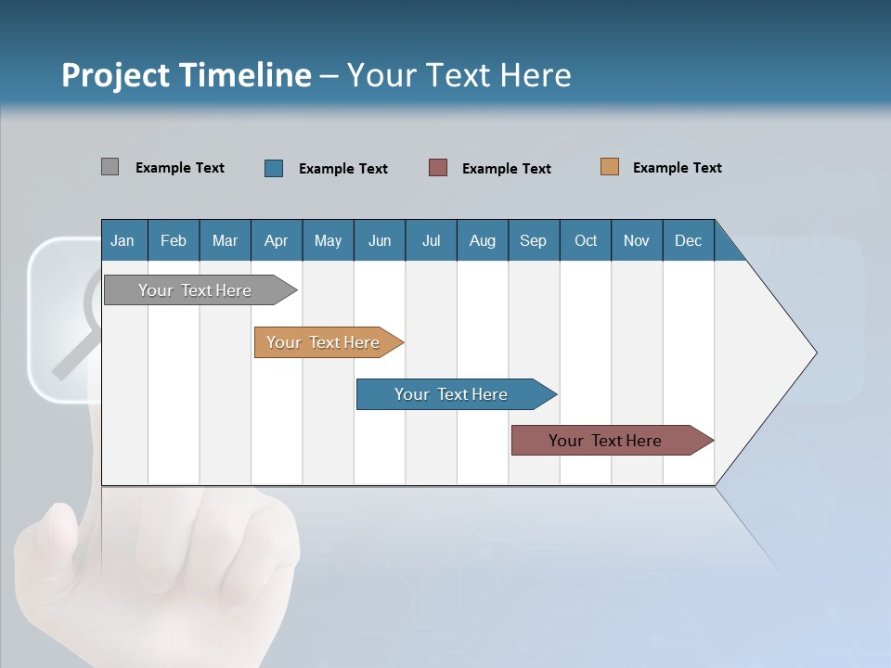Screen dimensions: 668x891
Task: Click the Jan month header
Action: [x=123, y=240]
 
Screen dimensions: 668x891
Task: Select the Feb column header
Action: [x=174, y=240]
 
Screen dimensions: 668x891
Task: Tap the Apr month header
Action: [x=276, y=240]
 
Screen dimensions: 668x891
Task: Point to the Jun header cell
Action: [x=380, y=240]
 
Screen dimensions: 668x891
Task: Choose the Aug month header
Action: [x=482, y=240]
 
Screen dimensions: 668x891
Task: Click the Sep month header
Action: [x=533, y=240]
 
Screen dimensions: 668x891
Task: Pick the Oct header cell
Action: [x=586, y=240]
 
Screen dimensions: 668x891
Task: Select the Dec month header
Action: [x=688, y=240]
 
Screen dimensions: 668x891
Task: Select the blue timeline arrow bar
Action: [x=452, y=394]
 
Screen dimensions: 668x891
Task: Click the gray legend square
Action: [x=110, y=167]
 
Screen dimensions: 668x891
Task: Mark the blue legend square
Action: [x=274, y=168]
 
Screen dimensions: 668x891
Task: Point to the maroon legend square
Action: [x=438, y=168]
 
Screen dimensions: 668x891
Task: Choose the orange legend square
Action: [x=609, y=167]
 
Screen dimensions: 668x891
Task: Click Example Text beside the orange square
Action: [x=677, y=168]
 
